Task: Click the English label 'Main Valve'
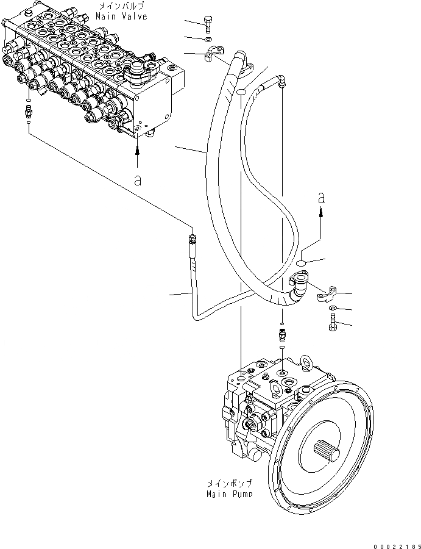click(x=122, y=16)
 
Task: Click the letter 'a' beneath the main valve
click(x=138, y=181)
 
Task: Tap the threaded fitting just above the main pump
click(x=283, y=335)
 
